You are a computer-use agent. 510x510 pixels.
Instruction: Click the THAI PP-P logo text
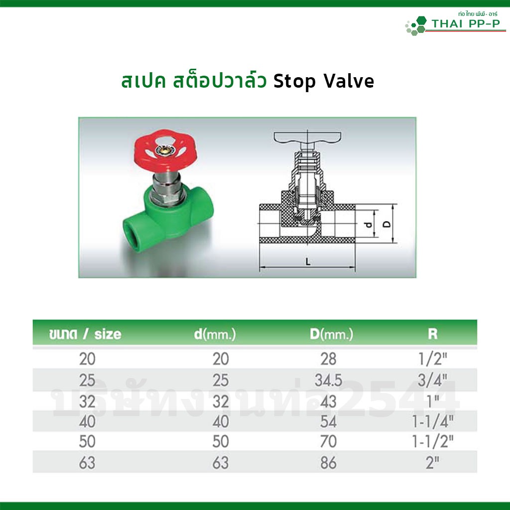click(x=466, y=24)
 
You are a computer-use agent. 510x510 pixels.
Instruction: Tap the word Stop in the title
click(x=294, y=82)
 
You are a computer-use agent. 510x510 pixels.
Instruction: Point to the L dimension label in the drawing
click(x=308, y=261)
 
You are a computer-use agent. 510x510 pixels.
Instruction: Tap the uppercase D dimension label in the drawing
click(x=386, y=224)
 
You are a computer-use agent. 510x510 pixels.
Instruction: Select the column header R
click(x=433, y=334)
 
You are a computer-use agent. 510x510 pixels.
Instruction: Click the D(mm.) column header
click(x=331, y=334)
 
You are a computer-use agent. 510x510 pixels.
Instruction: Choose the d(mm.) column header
click(x=215, y=334)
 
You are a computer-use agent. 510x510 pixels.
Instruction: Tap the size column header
click(x=85, y=334)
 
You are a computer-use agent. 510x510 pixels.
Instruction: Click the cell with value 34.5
click(x=328, y=380)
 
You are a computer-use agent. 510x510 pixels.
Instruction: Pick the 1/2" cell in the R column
click(x=433, y=359)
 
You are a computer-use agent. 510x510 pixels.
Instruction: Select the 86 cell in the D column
click(x=328, y=463)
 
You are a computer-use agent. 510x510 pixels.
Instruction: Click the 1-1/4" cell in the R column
click(x=433, y=421)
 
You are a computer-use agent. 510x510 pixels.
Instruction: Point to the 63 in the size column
click(x=87, y=463)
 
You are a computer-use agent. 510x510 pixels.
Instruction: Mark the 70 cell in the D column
click(x=328, y=441)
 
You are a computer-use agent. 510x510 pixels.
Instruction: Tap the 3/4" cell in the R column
click(x=433, y=380)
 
